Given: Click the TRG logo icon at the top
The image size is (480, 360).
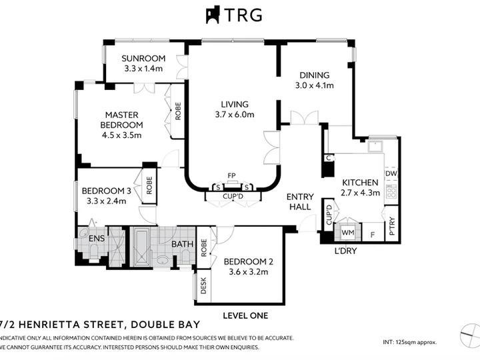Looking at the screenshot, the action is click(213, 15).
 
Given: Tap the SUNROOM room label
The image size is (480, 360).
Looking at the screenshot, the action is click(143, 58).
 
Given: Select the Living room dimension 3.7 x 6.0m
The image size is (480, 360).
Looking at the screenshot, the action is click(235, 115).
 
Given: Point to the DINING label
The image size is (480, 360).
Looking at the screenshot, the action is click(315, 75).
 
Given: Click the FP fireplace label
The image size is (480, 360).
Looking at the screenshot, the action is click(231, 176).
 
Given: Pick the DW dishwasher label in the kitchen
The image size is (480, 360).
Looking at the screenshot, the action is click(391, 173).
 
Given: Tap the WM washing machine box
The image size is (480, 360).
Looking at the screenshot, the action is click(348, 233).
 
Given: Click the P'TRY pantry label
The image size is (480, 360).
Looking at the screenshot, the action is click(392, 226).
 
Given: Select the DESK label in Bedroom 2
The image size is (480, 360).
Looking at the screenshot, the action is click(203, 285).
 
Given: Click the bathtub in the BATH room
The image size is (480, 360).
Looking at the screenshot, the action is click(142, 247).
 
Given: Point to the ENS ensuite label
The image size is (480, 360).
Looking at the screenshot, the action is click(97, 238).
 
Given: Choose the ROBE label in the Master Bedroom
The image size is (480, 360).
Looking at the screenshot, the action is click(178, 111).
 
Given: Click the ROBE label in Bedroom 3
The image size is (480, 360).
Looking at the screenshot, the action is click(149, 185).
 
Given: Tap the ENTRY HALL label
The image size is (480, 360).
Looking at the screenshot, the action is click(300, 202).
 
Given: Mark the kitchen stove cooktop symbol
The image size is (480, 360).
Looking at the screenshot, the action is click(391, 192).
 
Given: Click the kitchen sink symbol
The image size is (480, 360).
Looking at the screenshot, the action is click(376, 147).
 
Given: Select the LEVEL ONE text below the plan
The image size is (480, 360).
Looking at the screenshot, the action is click(245, 315).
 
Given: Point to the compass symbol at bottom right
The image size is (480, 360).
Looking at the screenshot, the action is click(470, 336).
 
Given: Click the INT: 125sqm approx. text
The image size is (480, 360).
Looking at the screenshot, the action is click(409, 342).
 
